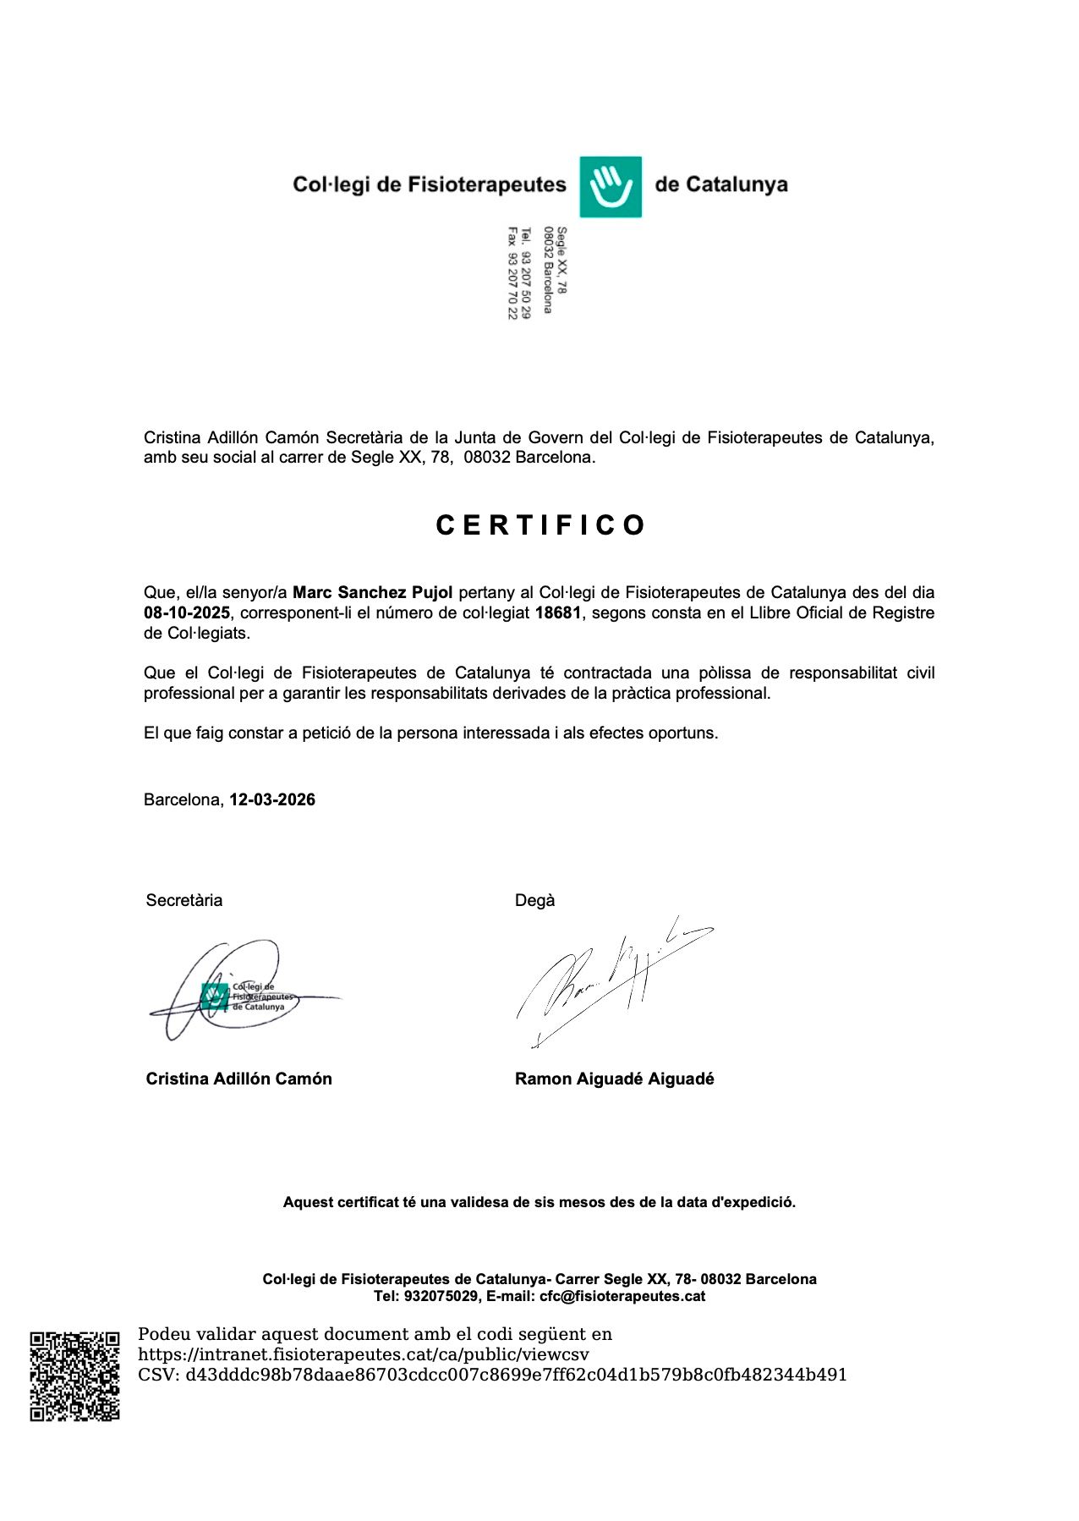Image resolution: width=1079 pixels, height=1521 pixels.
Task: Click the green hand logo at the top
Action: tap(610, 186)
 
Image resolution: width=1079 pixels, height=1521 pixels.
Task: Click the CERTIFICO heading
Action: tap(540, 525)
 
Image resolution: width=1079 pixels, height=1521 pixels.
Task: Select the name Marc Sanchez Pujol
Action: tap(372, 592)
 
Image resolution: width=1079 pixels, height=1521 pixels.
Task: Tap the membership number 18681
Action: tap(558, 612)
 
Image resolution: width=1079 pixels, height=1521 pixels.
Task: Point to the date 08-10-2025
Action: tap(186, 612)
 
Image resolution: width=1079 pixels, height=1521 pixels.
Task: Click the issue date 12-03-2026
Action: tap(272, 799)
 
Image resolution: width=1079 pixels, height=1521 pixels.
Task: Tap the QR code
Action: tap(74, 1376)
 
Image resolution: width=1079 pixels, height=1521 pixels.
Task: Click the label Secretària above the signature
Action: tap(184, 900)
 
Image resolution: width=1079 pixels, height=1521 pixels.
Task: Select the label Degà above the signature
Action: tap(534, 900)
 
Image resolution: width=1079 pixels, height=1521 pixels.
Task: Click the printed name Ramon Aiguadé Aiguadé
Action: tap(614, 1079)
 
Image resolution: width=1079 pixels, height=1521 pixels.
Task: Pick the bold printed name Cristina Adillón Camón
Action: tap(238, 1079)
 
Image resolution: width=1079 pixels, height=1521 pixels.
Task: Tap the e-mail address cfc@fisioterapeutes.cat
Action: tap(622, 1296)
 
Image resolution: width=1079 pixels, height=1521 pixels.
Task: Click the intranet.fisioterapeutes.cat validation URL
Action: tap(364, 1354)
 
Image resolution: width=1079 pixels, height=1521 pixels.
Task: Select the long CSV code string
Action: tap(516, 1375)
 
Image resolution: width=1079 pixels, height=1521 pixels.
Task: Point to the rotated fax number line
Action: tap(512, 272)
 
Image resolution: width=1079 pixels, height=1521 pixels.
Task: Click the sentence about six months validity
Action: tap(539, 1202)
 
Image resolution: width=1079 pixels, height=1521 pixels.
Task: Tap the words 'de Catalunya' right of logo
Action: tap(720, 184)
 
